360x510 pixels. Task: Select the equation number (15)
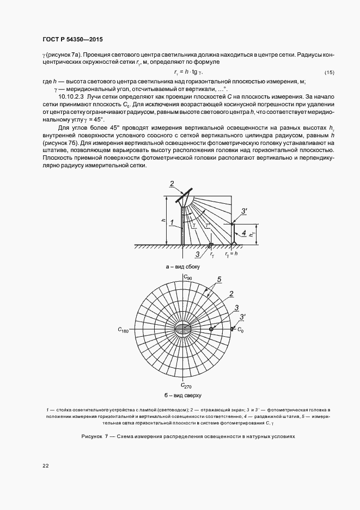329,72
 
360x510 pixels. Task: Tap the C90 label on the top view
187,277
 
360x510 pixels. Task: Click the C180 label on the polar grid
124,330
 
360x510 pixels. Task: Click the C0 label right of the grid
240,330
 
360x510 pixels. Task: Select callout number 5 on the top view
219,280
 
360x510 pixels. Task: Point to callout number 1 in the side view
171,223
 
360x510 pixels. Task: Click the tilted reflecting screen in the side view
184,196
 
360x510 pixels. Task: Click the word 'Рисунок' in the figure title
92,437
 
